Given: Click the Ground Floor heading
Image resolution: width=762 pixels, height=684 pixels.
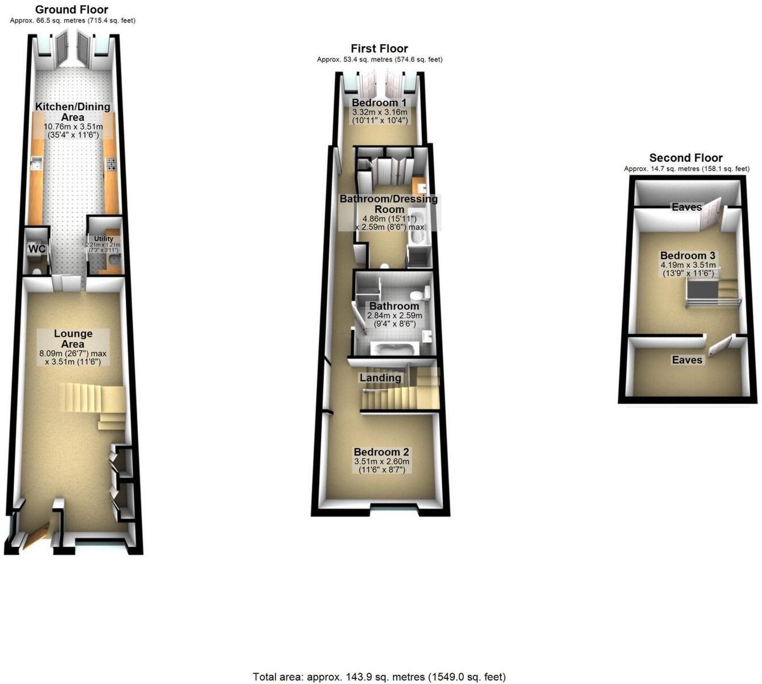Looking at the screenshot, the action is (71, 10).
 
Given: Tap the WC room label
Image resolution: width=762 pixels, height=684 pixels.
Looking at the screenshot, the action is (36, 249).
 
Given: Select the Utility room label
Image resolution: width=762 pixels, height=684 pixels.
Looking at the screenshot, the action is (103, 238).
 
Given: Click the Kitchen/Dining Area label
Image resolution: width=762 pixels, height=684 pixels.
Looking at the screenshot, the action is (73, 112).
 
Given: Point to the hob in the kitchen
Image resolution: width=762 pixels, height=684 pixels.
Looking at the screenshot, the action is (112, 164).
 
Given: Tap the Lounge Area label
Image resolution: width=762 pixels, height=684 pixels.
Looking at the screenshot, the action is (73, 339).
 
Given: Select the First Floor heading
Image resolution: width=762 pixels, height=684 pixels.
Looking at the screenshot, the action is (379, 49).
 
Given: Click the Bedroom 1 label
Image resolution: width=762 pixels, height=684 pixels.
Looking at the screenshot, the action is (379, 102).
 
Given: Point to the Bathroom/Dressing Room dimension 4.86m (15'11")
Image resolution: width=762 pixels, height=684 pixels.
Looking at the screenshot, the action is (390, 219).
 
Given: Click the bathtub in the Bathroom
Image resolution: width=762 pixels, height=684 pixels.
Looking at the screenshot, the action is (392, 349).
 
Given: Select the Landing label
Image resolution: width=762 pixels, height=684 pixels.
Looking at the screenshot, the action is (380, 377).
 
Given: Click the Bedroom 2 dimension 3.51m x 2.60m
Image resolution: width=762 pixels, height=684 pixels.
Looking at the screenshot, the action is (382, 461).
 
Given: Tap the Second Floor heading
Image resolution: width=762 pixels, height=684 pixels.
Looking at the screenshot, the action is (686, 158).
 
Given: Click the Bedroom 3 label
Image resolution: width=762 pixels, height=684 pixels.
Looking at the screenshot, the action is (688, 255).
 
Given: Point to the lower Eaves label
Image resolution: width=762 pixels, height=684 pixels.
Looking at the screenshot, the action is (687, 360).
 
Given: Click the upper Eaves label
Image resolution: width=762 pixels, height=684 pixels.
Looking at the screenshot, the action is (687, 207).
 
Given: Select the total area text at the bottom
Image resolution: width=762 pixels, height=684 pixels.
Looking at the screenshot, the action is (379, 677).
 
